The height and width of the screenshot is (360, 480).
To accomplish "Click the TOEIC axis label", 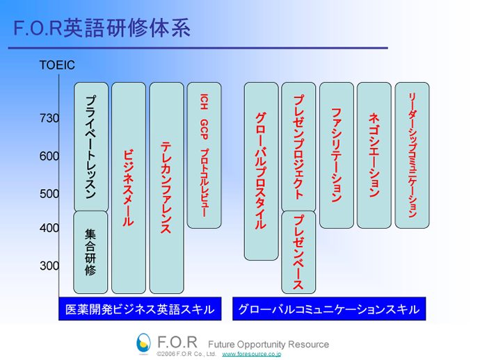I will [x=57, y=66].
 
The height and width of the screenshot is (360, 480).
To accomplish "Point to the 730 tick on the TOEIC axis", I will [x=49, y=119].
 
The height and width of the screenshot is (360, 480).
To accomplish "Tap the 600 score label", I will [x=49, y=156].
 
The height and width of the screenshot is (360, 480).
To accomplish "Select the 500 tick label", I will [x=49, y=194].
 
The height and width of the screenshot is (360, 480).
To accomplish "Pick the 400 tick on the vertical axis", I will [x=49, y=228].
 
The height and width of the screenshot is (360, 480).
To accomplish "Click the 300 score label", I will [x=49, y=265].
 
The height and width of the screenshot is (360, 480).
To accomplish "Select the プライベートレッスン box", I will [x=90, y=147].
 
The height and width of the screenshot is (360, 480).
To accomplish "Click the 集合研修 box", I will [x=90, y=252].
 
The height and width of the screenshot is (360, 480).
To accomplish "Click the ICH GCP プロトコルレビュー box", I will [x=204, y=155].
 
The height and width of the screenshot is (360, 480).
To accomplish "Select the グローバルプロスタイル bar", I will [x=261, y=171].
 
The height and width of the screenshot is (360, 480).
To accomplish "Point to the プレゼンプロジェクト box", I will [x=298, y=147].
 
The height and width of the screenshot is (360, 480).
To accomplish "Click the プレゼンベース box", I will [x=298, y=252].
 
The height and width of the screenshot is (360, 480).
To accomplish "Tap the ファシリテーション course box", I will [x=336, y=155].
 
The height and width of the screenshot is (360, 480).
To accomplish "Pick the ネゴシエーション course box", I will [x=374, y=155].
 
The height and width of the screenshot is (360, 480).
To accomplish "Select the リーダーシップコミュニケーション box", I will [x=412, y=155].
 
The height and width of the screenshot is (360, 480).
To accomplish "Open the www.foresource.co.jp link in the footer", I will [x=251, y=354].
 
